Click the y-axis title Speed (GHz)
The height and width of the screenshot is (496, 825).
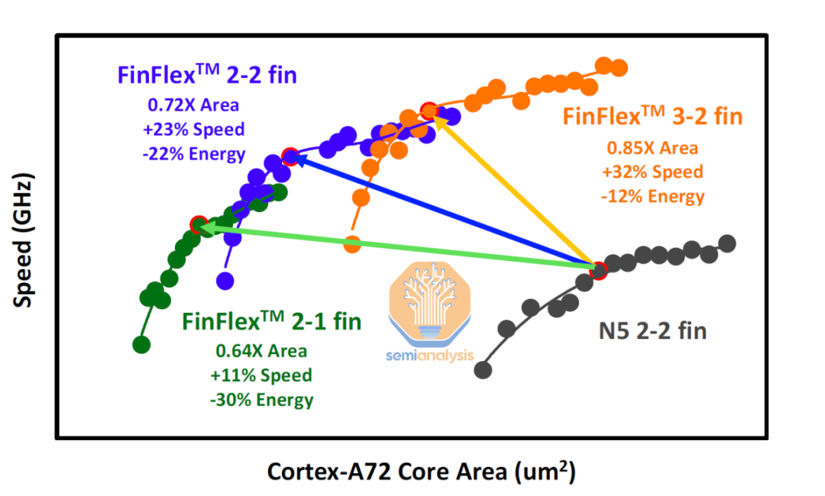[24, 243]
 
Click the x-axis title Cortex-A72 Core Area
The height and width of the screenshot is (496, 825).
[420, 471]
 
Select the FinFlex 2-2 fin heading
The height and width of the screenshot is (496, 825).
[206, 75]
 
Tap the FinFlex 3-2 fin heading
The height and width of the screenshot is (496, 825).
[652, 117]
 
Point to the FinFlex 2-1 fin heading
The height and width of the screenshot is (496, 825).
[271, 321]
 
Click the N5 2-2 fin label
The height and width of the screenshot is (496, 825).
[652, 331]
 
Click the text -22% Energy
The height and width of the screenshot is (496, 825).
[193, 153]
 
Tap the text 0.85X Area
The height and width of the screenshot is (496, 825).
[652, 147]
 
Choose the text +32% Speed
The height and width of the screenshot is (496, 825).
[652, 172]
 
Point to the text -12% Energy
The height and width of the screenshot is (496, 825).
[652, 196]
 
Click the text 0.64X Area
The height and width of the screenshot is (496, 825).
[261, 351]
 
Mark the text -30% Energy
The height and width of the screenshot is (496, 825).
[261, 400]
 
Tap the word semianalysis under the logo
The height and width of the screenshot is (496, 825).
[429, 356]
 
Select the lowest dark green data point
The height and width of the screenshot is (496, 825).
[141, 344]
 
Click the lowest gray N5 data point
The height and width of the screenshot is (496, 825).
[483, 369]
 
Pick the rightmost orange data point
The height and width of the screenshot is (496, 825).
[619, 68]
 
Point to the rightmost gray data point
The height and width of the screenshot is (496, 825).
[727, 243]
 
